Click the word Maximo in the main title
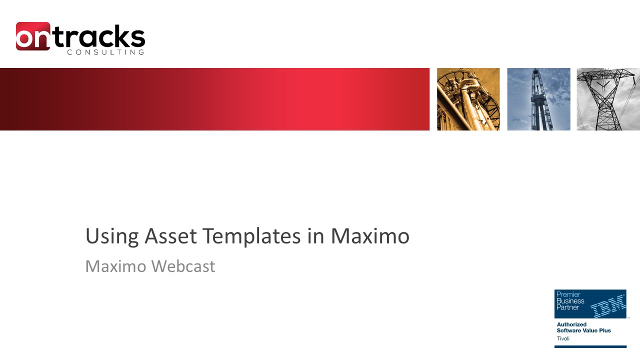[x=370, y=236]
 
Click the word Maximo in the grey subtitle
[x=115, y=266]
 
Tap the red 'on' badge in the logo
[x=32, y=36]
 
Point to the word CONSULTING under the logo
[x=105, y=52]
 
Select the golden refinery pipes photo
[x=468, y=99]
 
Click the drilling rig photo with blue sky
[x=538, y=99]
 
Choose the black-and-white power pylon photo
[x=608, y=99]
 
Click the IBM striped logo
[x=608, y=305]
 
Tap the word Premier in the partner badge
[x=568, y=295]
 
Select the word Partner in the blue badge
[x=567, y=307]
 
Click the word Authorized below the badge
[x=571, y=324]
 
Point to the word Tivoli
[x=563, y=338]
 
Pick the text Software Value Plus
[x=583, y=330]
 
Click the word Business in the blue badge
[x=570, y=301]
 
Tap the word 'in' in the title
[x=315, y=236]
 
